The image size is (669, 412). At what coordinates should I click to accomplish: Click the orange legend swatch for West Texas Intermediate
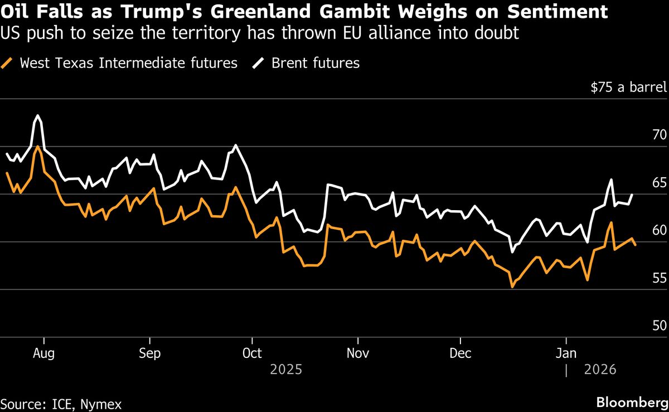8,63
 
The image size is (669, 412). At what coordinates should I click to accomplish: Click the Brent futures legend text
316,63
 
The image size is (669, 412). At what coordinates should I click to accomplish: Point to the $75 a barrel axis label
628,88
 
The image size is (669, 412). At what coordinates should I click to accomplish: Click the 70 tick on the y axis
659,135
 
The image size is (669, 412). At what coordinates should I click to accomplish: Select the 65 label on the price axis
659,183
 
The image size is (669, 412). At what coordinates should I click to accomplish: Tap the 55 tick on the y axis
659,278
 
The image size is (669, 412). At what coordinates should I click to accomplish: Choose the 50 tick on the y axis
659,326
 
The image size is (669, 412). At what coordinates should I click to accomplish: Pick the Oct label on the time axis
252,353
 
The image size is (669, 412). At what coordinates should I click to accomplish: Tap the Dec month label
460,353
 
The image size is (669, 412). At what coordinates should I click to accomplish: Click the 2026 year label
600,370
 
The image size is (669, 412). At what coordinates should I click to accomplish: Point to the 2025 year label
285,370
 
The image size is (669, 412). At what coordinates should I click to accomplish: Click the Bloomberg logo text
632,402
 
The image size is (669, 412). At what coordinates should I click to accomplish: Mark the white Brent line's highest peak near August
37,115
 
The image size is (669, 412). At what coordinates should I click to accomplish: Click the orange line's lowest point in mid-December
512,287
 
